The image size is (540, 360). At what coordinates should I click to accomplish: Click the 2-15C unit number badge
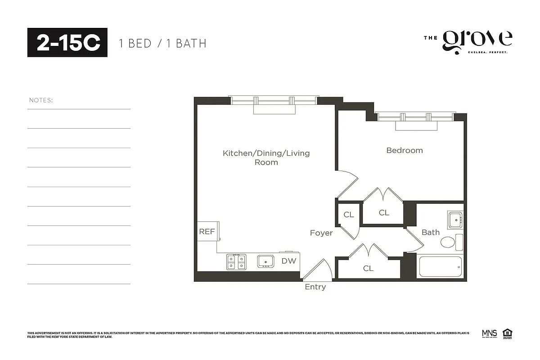click(x=67, y=43)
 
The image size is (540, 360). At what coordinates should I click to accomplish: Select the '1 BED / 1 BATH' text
click(x=162, y=44)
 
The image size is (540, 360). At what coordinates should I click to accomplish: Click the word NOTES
click(x=41, y=100)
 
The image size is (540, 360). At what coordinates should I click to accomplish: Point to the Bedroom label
click(x=405, y=150)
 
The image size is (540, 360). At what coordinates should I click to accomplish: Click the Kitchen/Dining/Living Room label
click(x=266, y=157)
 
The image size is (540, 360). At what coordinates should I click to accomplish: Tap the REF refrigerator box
click(x=207, y=231)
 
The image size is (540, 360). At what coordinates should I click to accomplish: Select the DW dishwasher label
click(x=289, y=261)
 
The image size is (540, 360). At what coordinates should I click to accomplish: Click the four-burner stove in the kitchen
click(x=236, y=261)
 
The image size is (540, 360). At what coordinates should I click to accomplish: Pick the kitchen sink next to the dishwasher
click(x=266, y=261)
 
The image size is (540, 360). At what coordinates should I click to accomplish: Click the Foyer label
click(x=321, y=233)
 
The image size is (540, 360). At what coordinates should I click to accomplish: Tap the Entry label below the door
click(x=315, y=287)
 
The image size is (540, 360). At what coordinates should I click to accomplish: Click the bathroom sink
click(x=455, y=220)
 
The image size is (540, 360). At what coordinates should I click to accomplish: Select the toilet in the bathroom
click(x=449, y=243)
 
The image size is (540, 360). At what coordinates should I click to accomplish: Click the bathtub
click(x=440, y=267)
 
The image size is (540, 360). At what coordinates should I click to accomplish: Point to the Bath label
click(x=430, y=232)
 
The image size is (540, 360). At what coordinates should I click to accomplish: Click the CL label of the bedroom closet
click(x=384, y=212)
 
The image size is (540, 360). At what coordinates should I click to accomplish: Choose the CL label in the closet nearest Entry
click(x=368, y=268)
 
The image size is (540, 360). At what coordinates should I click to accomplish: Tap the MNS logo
click(x=489, y=333)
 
